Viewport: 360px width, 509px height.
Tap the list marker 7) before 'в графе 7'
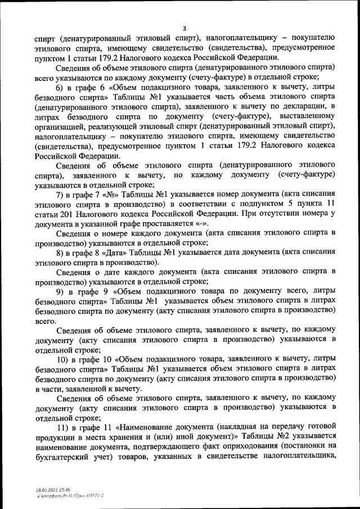[x=60, y=195]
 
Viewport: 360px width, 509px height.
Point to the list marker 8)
[x=60, y=253]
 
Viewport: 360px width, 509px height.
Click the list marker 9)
[x=60, y=291]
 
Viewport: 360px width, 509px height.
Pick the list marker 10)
[x=62, y=359]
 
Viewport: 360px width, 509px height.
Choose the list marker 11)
[x=62, y=427]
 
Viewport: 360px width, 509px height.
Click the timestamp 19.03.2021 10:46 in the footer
[x=48, y=490]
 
